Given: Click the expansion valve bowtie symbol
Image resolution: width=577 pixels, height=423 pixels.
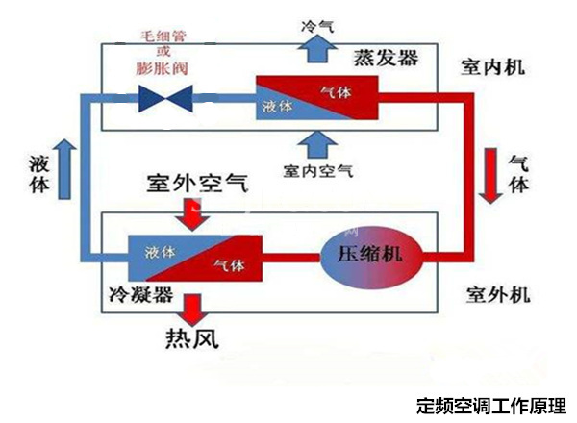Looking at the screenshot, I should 164,96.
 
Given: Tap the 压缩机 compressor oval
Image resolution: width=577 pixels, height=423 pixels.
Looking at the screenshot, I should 370,256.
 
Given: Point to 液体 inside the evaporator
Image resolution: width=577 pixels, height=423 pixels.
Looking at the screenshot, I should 279,107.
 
